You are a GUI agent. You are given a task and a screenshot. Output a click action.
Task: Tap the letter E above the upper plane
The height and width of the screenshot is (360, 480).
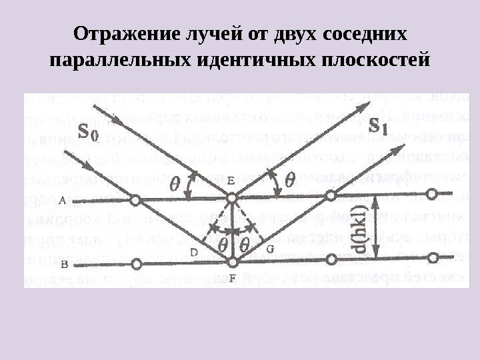pos(230,181)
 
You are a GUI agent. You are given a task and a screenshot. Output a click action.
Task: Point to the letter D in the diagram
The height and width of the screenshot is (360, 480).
pos(193,251)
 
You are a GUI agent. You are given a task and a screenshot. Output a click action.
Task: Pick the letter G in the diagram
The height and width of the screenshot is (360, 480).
pos(270,248)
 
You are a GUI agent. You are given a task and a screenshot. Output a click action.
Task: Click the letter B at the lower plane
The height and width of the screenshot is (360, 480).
pos(64,265)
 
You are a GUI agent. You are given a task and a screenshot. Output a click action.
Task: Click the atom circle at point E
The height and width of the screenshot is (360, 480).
pos(231,198)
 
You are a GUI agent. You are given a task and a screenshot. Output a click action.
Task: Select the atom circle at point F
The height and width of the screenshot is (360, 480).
pos(231,261)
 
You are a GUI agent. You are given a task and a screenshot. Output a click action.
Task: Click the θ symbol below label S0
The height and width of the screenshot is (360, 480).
pos(175,181)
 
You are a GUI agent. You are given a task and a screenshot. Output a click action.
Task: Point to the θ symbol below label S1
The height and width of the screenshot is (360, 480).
pos(290,180)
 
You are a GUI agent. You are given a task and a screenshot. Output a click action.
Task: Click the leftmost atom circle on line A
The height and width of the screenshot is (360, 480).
pos(135,199)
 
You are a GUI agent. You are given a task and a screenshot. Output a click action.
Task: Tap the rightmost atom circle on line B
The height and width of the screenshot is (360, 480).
pos(435,257)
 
